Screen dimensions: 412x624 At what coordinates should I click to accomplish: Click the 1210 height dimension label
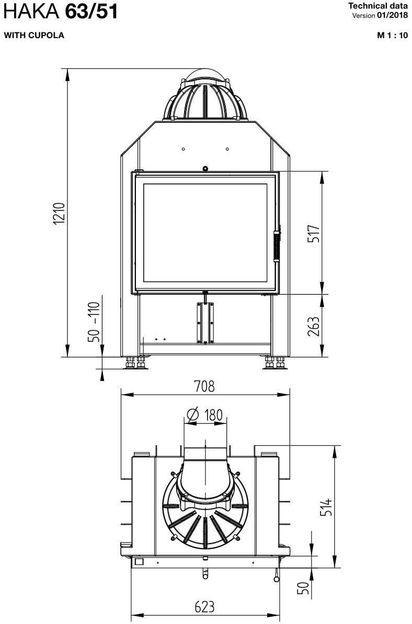pos(59,213)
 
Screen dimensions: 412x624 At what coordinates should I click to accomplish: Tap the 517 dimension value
pos(314,234)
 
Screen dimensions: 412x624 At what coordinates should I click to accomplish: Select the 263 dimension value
pos(314,326)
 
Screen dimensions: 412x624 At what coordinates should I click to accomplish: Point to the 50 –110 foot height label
pos(94,322)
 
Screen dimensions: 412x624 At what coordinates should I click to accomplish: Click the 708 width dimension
pos(204,386)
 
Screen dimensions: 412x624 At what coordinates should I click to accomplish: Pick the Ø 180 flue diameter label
pos(204,415)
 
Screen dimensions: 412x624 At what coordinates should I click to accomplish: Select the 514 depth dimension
pos(326,507)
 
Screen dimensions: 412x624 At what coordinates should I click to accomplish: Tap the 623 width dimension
pos(204,607)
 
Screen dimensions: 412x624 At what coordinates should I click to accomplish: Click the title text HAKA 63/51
pos(61,12)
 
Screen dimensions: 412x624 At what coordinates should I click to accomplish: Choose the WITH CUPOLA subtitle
pos(34,35)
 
